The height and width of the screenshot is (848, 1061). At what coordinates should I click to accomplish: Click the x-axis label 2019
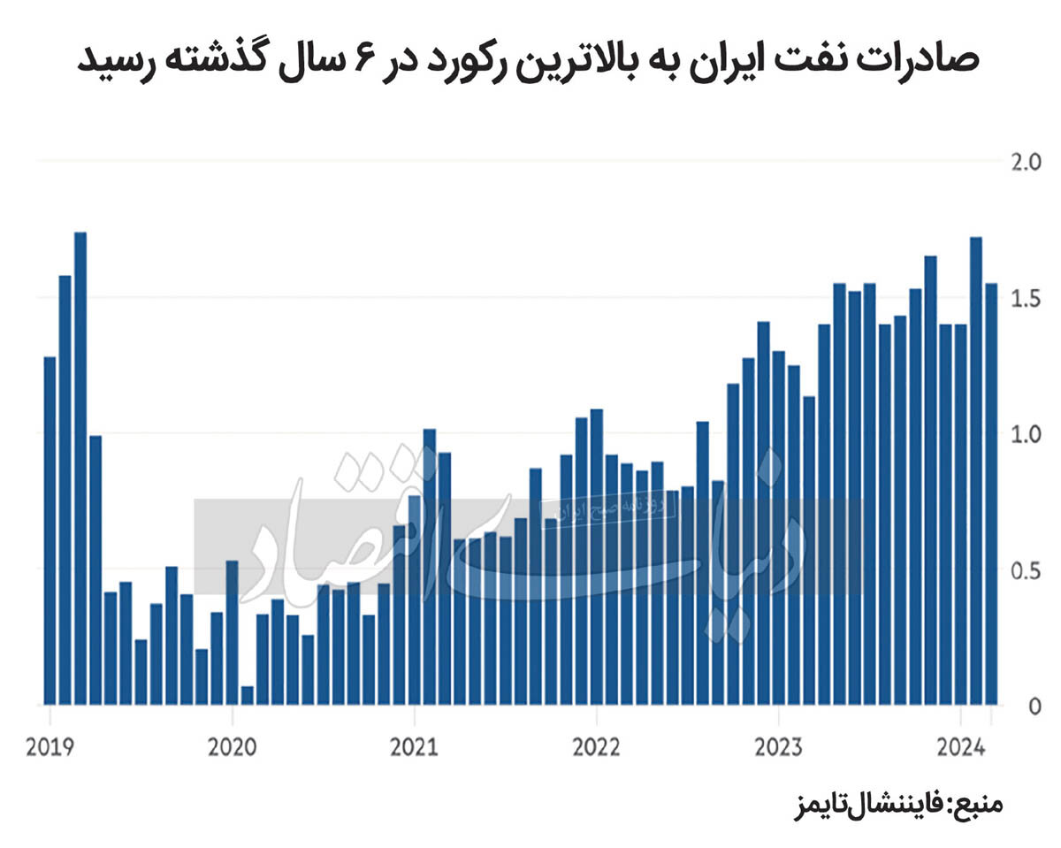[50, 747]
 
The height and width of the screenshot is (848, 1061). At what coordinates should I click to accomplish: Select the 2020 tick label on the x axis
[232, 747]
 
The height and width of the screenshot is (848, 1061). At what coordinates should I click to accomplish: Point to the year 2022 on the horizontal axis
[596, 747]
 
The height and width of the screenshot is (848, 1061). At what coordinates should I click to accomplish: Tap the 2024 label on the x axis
[960, 747]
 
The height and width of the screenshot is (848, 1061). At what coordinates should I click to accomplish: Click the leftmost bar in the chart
[50, 531]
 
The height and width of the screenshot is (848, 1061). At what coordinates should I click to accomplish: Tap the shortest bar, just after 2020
[247, 696]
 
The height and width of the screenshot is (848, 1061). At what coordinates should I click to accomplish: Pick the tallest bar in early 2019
[80, 469]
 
